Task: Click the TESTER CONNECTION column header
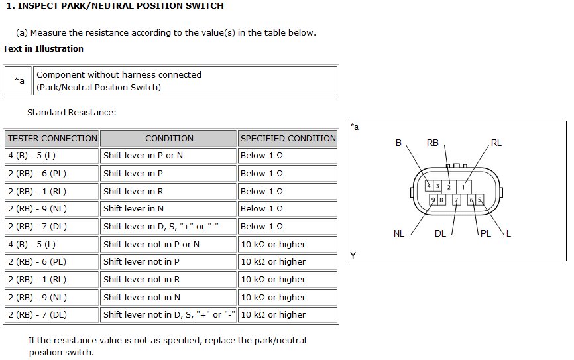tap(52, 138)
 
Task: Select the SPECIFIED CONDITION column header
tap(288, 138)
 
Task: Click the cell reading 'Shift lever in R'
tap(168, 191)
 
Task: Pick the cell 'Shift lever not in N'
tap(168, 298)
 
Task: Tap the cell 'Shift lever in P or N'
tap(168, 156)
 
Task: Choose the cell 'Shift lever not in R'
tap(168, 279)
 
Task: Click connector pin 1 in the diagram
tap(463, 187)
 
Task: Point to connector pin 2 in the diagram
tap(449, 187)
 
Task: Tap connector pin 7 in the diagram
tap(456, 200)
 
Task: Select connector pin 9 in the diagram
tap(433, 200)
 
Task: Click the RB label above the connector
tap(433, 143)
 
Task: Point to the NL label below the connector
tap(399, 233)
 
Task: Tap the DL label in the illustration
tap(440, 233)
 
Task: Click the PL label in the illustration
tap(486, 233)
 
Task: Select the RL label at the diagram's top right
tap(496, 143)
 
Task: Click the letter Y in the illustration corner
tap(353, 255)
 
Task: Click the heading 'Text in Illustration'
tap(43, 48)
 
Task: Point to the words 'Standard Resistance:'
tap(72, 113)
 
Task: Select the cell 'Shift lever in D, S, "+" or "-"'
tap(168, 227)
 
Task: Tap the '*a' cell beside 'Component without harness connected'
tap(19, 81)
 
